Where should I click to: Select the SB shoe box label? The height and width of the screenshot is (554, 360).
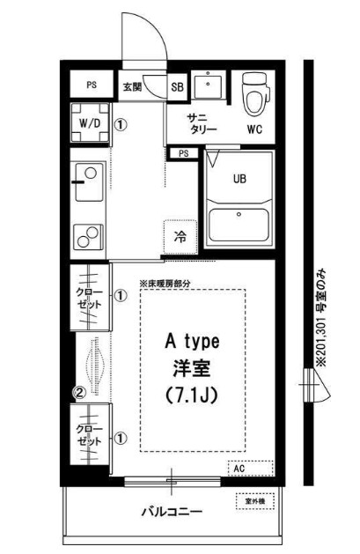click(176, 87)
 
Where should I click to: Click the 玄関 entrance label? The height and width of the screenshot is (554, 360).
click(132, 87)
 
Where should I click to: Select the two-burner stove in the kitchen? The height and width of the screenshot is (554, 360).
click(87, 236)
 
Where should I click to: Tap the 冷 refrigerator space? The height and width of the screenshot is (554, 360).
click(180, 237)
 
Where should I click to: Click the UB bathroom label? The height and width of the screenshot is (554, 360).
click(239, 179)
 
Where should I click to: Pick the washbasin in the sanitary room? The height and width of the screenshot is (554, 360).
click(209, 86)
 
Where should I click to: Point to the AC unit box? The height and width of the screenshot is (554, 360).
click(239, 469)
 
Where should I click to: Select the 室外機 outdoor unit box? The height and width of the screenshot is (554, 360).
click(253, 502)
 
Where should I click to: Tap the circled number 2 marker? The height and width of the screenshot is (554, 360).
click(79, 392)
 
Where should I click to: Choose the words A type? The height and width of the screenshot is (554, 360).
click(193, 340)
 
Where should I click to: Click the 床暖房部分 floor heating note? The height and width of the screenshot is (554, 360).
click(177, 283)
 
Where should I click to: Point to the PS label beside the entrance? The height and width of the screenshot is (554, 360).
click(91, 85)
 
